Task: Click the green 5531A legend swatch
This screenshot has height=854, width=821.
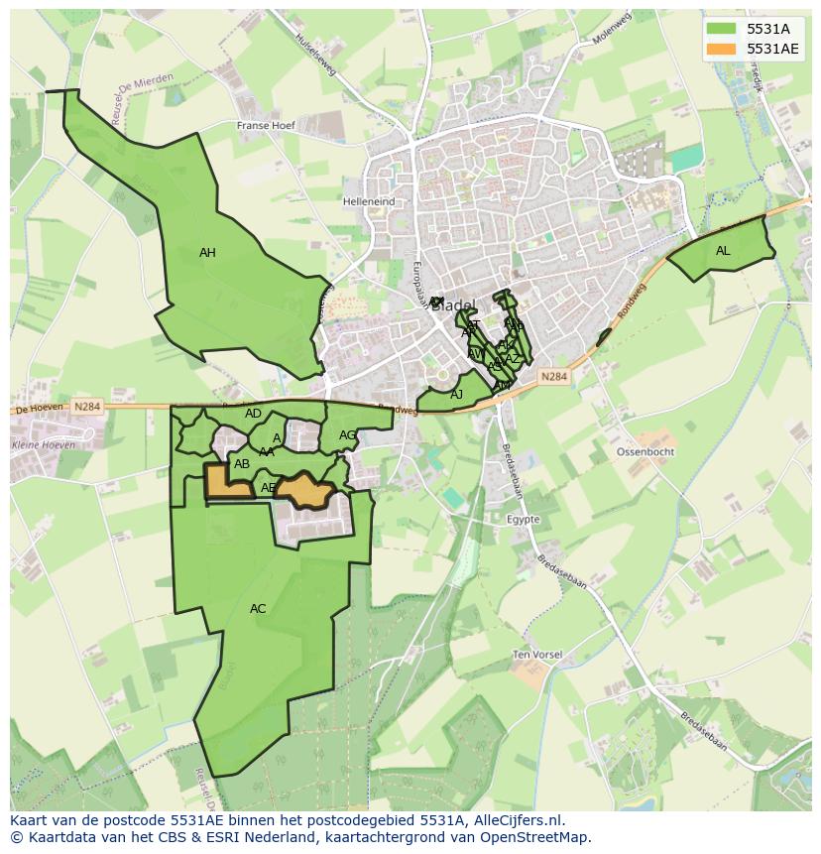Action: pyautogui.click(x=721, y=29)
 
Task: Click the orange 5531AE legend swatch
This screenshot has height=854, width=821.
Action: pyautogui.click(x=721, y=49)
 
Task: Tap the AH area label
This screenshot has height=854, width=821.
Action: pyautogui.click(x=207, y=253)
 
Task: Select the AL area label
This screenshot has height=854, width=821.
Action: pyautogui.click(x=723, y=251)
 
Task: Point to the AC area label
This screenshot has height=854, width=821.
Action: pyautogui.click(x=258, y=609)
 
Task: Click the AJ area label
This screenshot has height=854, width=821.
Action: pyautogui.click(x=456, y=395)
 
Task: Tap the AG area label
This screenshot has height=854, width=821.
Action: pyautogui.click(x=347, y=435)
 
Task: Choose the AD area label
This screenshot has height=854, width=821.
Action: pyautogui.click(x=253, y=414)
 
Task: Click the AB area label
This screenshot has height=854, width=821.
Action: pyautogui.click(x=242, y=464)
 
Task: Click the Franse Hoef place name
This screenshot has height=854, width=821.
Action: pyautogui.click(x=267, y=126)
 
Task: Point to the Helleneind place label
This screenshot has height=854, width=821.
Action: pyautogui.click(x=369, y=201)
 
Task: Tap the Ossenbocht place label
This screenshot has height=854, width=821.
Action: pyautogui.click(x=645, y=451)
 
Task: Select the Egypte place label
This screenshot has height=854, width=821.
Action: pyautogui.click(x=524, y=520)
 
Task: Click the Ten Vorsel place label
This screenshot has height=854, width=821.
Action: pyautogui.click(x=537, y=656)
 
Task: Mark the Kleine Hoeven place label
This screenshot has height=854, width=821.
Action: pyautogui.click(x=43, y=445)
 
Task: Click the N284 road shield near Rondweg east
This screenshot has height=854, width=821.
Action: pyautogui.click(x=554, y=377)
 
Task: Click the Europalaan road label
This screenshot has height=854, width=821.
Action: pyautogui.click(x=417, y=282)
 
